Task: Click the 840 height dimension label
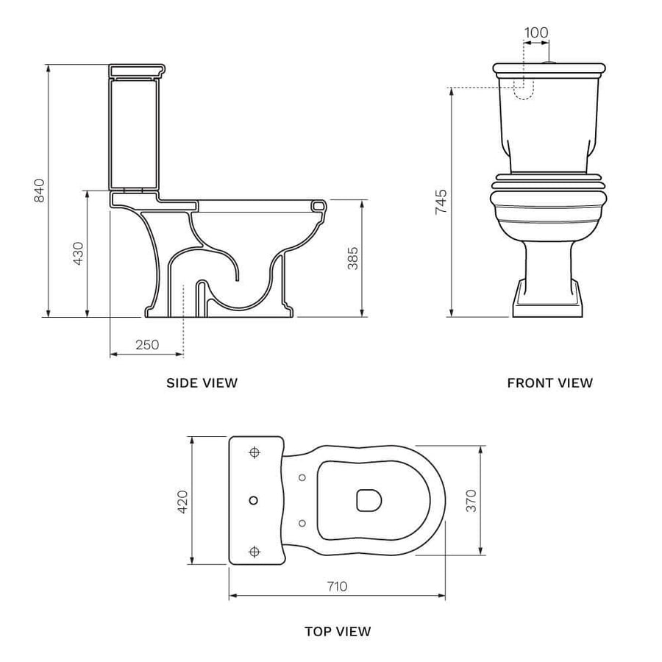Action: (39, 191)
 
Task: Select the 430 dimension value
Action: (79, 253)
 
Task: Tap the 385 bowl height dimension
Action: (352, 258)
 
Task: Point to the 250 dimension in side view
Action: (147, 345)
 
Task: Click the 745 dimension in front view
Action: (441, 202)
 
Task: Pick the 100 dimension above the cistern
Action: (536, 32)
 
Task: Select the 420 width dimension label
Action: (183, 502)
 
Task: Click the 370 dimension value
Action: (471, 501)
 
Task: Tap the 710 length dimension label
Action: (338, 586)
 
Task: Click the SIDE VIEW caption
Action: (202, 383)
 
